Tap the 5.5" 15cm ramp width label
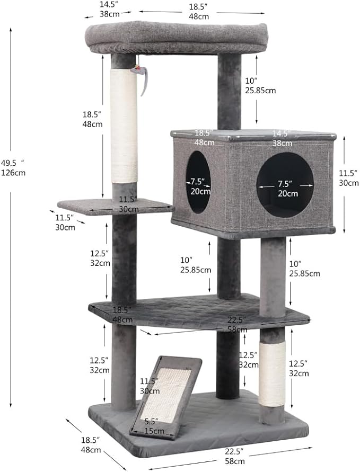(154, 426)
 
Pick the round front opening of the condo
(285, 184)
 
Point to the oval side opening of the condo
(199, 182)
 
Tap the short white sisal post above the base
(273, 373)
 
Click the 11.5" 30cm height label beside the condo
(348, 178)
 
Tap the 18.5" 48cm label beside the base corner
(91, 445)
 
